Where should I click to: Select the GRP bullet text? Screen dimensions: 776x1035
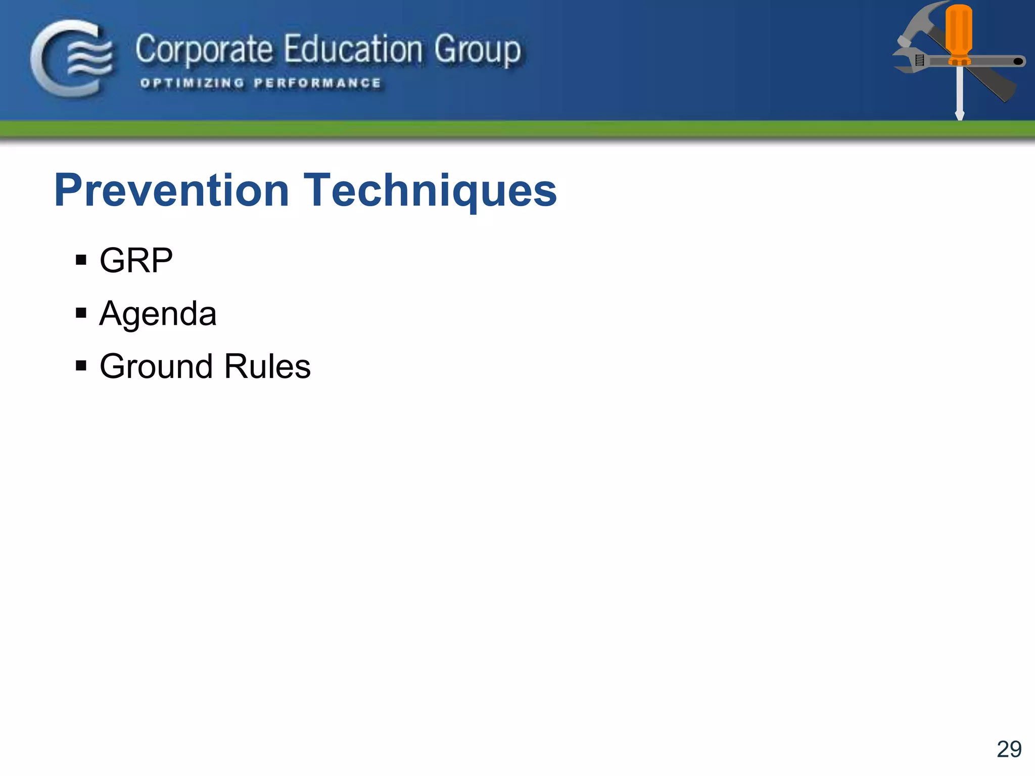pyautogui.click(x=136, y=261)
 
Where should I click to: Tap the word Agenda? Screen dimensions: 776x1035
pyautogui.click(x=158, y=314)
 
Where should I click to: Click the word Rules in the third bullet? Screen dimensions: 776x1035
pyautogui.click(x=267, y=366)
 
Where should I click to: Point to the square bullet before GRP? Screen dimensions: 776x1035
pyautogui.click(x=81, y=261)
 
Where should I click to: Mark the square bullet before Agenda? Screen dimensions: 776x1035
pyautogui.click(x=81, y=313)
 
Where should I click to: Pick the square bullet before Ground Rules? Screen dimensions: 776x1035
pyautogui.click(x=81, y=365)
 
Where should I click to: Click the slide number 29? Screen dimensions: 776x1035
pyautogui.click(x=1009, y=749)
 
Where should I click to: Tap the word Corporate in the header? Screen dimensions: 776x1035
pyautogui.click(x=204, y=50)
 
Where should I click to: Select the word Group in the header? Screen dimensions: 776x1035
pyautogui.click(x=477, y=50)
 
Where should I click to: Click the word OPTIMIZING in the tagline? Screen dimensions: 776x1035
pyautogui.click(x=192, y=83)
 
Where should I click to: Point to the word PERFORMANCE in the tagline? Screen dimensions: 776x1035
pyautogui.click(x=317, y=83)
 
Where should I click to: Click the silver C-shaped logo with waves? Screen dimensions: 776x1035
pyautogui.click(x=71, y=58)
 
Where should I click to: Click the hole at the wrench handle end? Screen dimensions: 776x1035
pyautogui.click(x=1018, y=62)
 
